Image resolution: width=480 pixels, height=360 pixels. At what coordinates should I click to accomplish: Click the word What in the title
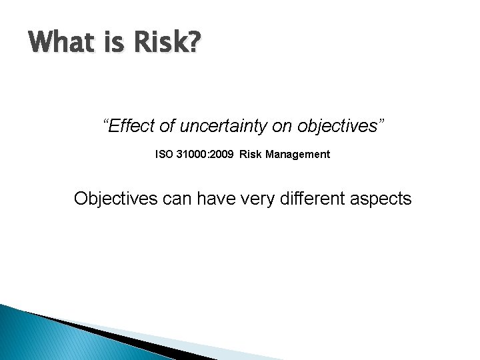click(61, 43)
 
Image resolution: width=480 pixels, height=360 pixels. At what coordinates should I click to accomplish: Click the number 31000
click(191, 155)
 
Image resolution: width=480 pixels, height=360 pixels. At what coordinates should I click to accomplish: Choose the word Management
click(297, 155)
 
